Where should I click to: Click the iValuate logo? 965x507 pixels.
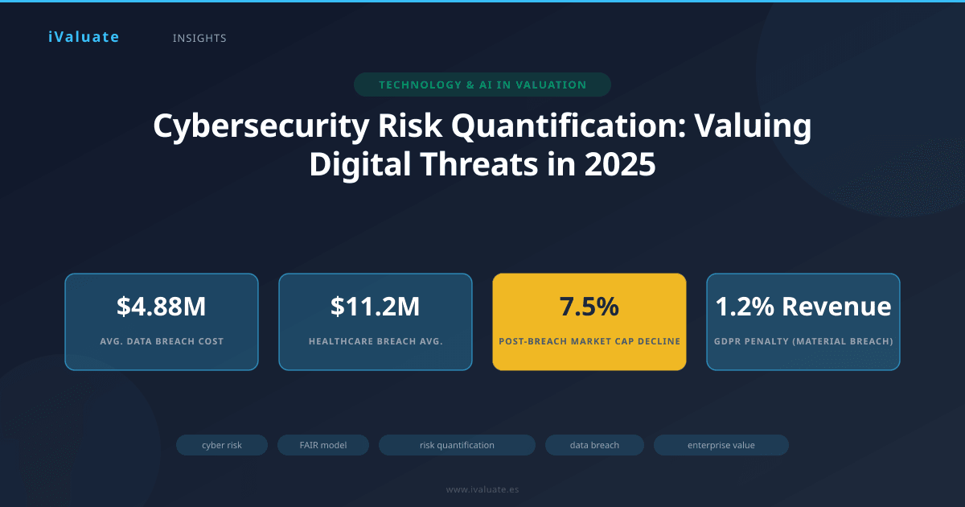coord(84,37)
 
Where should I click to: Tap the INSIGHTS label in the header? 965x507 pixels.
coord(199,39)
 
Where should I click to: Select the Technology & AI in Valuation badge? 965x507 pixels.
coord(482,84)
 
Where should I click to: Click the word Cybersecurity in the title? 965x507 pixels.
coord(261,126)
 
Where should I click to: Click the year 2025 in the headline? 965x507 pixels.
coord(620,164)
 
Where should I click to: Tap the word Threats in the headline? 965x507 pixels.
coord(479,164)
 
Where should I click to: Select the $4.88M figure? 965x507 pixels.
coord(162,307)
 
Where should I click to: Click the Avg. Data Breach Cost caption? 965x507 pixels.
coord(162,341)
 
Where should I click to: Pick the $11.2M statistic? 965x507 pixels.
coord(376,307)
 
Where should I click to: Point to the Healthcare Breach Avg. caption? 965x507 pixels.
coord(376,341)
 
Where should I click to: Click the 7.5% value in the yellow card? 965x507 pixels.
coord(589,307)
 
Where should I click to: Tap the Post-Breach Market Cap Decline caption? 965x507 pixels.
coord(589,341)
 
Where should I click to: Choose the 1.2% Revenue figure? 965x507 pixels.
coord(803,307)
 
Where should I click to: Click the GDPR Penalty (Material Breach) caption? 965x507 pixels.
coord(803,341)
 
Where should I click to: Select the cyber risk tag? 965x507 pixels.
coord(222,445)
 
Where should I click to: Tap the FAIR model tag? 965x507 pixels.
coord(323,445)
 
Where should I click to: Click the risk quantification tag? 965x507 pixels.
coord(457,445)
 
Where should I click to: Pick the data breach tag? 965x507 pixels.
coord(594,445)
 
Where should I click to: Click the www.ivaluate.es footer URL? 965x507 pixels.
coord(482,489)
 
